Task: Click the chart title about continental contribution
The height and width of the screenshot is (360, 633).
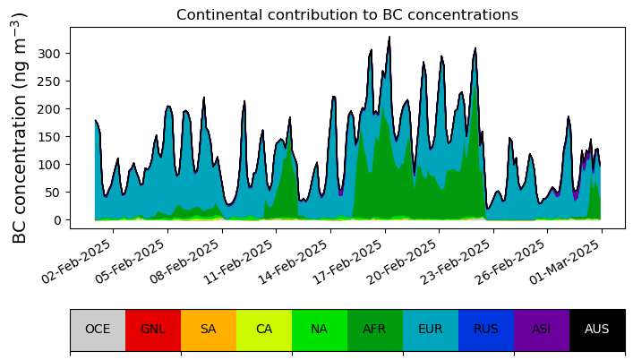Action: click(x=346, y=15)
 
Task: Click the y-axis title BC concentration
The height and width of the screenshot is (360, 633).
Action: click(x=20, y=127)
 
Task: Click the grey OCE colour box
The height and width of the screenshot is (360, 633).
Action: click(x=98, y=330)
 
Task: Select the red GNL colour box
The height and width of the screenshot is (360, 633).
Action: click(x=153, y=330)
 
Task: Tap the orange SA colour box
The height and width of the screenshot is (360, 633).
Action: click(x=209, y=330)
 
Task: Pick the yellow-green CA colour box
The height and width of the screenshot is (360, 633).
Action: click(x=264, y=330)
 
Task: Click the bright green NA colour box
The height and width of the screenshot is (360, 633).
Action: click(x=320, y=330)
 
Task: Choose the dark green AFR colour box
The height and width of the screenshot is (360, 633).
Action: click(x=375, y=330)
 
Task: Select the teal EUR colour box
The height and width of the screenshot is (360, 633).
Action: click(x=431, y=330)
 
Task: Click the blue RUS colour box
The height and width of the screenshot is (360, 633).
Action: click(x=486, y=330)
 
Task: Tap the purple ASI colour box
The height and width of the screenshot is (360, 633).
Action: click(x=542, y=330)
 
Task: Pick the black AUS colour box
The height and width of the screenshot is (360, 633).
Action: click(x=597, y=330)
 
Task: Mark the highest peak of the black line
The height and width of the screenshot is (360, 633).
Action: click(x=389, y=37)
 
